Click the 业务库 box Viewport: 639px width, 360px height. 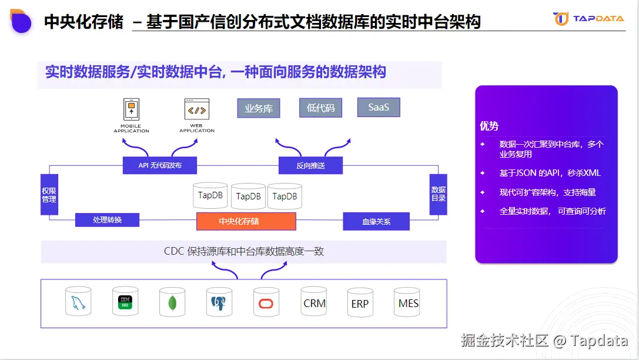(x=259, y=108)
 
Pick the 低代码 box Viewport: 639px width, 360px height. (x=320, y=108)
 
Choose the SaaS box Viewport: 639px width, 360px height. (x=379, y=107)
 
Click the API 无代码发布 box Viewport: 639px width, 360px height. (x=160, y=165)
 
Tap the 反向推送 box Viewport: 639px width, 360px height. (x=310, y=165)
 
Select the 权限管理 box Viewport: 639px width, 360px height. (x=49, y=195)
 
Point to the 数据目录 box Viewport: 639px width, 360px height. (x=438, y=194)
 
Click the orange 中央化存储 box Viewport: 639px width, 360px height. (x=246, y=221)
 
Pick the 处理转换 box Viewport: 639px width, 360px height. (x=107, y=220)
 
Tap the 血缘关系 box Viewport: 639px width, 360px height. (x=376, y=221)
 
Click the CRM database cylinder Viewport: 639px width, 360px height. (x=314, y=302)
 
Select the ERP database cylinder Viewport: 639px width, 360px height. (x=360, y=303)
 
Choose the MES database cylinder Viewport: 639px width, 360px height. (x=408, y=302)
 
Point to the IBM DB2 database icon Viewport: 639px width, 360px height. (x=125, y=302)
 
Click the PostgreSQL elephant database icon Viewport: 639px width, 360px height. (x=219, y=303)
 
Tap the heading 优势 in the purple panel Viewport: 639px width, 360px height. (x=489, y=126)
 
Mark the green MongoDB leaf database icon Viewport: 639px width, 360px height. (x=172, y=303)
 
